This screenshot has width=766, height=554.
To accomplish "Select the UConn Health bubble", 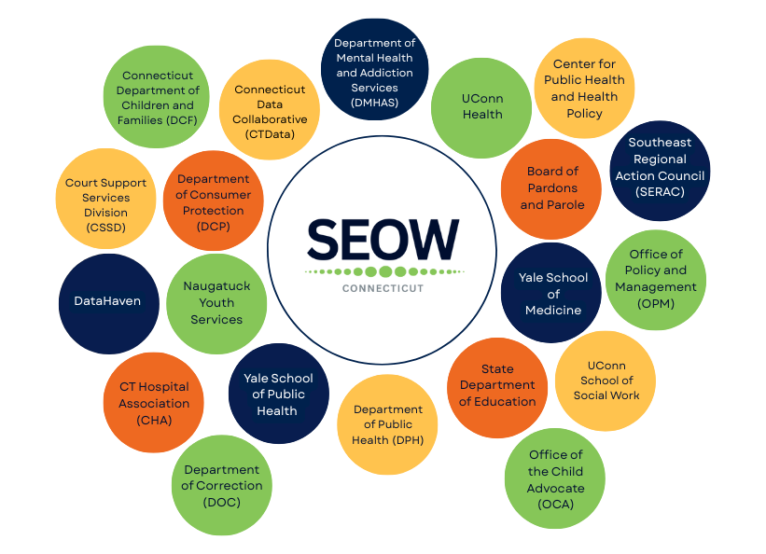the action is click(481, 107).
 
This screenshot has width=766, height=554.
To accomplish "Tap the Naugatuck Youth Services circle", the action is click(216, 303).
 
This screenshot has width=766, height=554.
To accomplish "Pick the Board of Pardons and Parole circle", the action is click(551, 188).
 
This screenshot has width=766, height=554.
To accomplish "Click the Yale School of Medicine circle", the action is click(552, 293).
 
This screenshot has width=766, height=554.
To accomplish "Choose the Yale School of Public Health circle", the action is click(277, 394).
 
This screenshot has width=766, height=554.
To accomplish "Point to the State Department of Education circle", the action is click(497, 386).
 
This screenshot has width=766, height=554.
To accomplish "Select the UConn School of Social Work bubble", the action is click(606, 381).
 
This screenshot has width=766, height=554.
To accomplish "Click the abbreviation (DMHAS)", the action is click(375, 103).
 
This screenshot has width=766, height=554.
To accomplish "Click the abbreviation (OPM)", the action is click(655, 304).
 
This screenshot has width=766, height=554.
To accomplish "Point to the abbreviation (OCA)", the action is click(555, 505).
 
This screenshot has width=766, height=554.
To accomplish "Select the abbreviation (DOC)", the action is click(221, 502).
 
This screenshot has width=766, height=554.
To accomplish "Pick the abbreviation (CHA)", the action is click(153, 420).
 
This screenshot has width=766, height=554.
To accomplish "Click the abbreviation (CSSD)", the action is click(105, 227).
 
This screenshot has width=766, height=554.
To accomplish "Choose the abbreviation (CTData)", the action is click(270, 134).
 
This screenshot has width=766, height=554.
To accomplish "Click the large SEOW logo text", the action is click(383, 241).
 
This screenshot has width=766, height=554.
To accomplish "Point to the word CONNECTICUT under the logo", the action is click(383, 288).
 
